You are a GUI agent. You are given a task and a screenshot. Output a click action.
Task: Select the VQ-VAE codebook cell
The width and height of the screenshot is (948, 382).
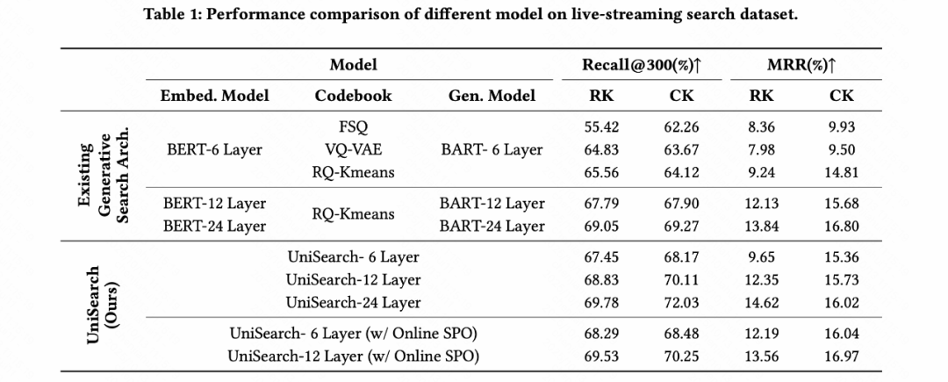pyautogui.click(x=353, y=150)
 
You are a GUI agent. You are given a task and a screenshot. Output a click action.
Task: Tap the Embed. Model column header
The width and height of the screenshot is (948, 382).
pyautogui.click(x=214, y=96)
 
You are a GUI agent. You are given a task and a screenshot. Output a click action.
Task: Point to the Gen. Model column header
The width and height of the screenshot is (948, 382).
pyautogui.click(x=492, y=96)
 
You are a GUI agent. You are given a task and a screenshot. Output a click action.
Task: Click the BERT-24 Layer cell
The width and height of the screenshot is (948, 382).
pyautogui.click(x=214, y=226)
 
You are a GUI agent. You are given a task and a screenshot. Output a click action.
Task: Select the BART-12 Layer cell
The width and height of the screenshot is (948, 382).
pyautogui.click(x=492, y=204)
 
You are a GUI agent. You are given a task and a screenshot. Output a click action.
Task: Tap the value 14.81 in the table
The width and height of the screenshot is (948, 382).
pyautogui.click(x=841, y=172)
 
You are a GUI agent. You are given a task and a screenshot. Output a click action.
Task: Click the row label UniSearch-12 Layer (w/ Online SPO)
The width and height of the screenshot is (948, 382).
pyautogui.click(x=353, y=357)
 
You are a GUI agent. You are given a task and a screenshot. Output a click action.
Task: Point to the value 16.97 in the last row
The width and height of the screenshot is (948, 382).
pyautogui.click(x=841, y=357)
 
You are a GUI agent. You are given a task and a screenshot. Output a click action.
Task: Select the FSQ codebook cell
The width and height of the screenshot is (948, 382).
pyautogui.click(x=353, y=127)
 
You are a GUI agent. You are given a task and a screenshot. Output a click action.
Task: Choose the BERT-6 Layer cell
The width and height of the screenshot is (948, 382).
pyautogui.click(x=214, y=150)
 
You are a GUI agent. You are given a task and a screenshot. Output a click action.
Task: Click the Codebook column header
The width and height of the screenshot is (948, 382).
pyautogui.click(x=353, y=96)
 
